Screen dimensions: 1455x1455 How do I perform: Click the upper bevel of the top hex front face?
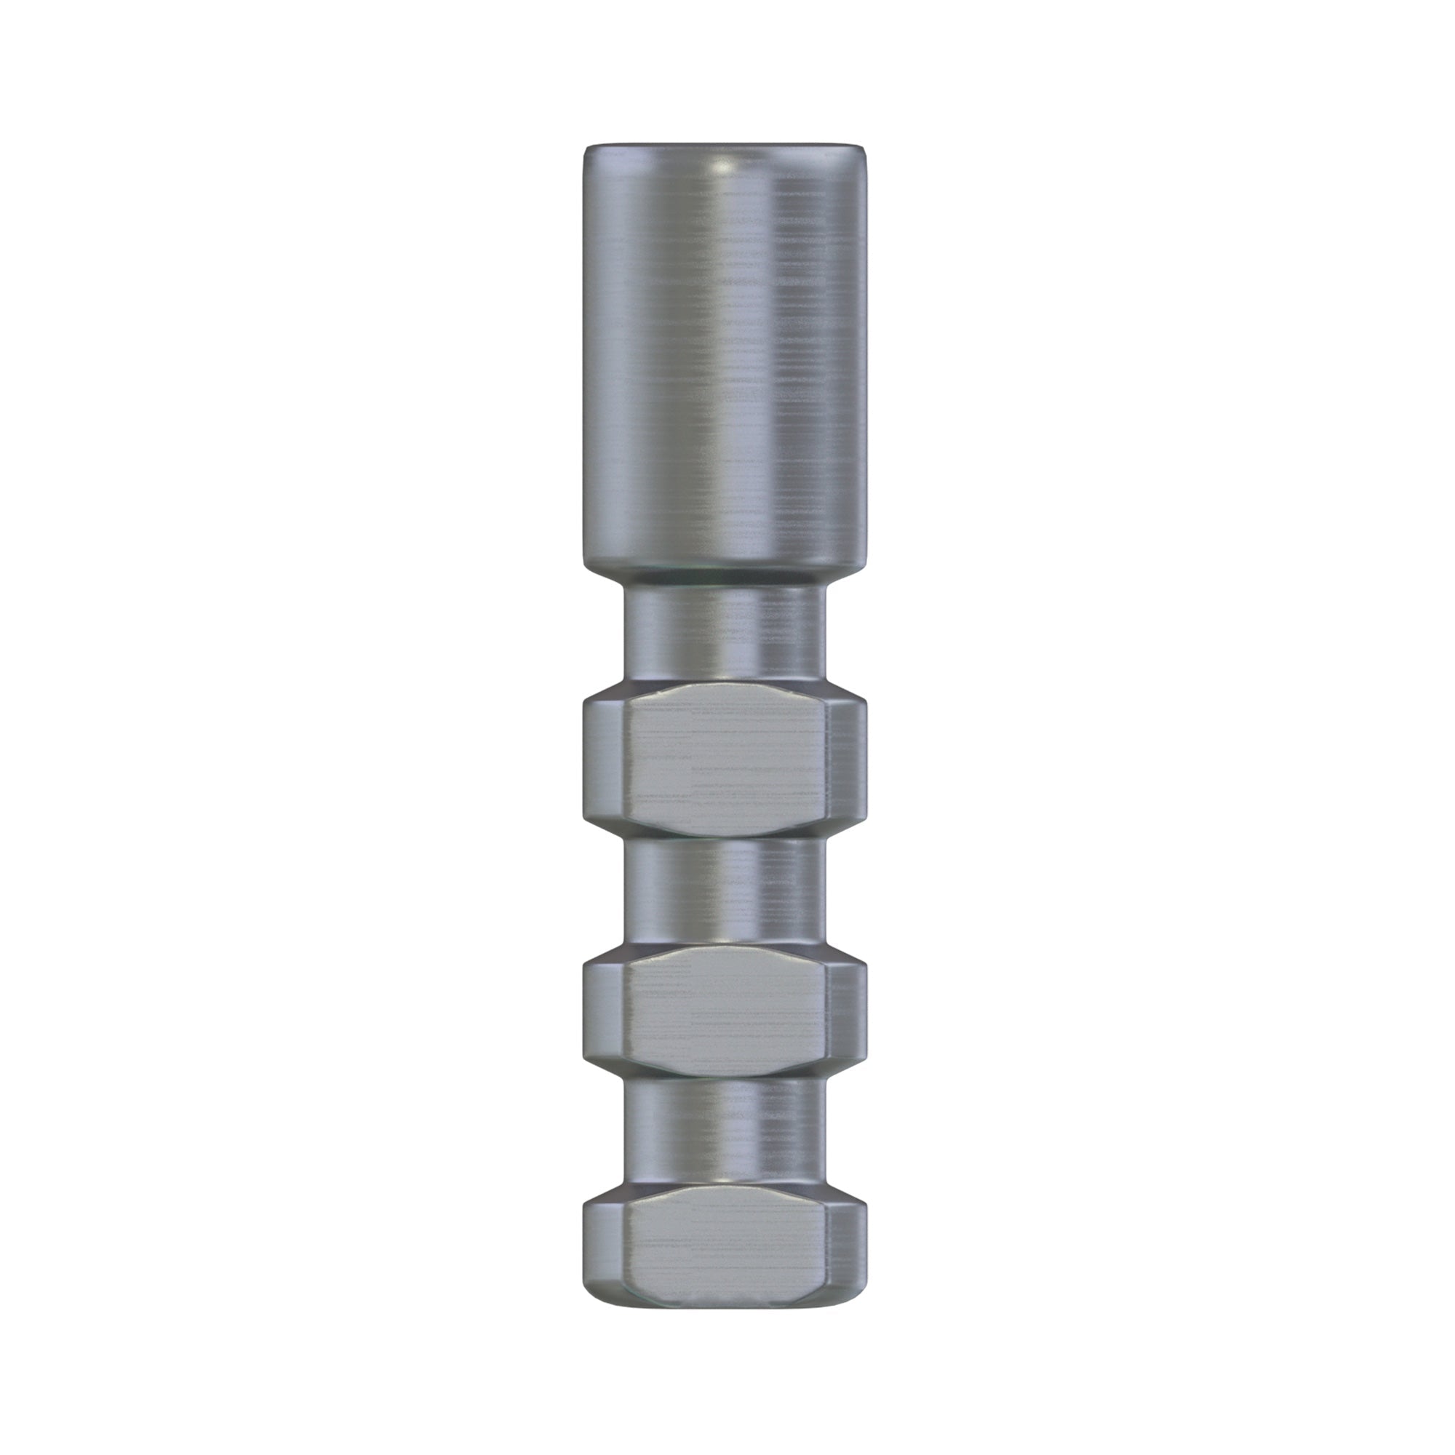pos(725,698)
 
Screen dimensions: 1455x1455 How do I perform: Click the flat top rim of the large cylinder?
pos(725,145)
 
